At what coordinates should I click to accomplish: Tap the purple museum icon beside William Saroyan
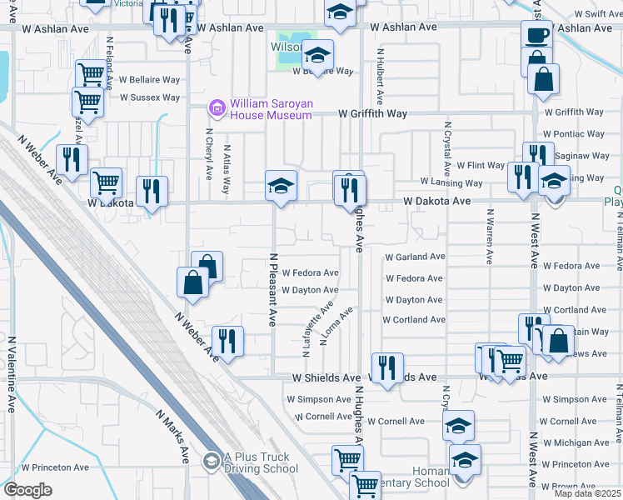coord(217,107)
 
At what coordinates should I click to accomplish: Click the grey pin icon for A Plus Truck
coord(210,459)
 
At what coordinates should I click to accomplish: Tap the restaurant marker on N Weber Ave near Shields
coord(227,340)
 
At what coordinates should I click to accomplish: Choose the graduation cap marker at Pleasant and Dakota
coord(282,185)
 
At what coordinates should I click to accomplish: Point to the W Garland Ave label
coord(415,257)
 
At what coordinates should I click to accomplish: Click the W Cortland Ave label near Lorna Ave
coord(413,320)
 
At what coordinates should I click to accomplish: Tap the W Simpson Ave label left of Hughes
coord(319,400)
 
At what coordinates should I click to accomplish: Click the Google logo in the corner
coord(27,490)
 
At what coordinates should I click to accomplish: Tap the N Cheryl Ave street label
coord(209,154)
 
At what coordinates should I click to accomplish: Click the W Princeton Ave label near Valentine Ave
coord(55,467)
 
